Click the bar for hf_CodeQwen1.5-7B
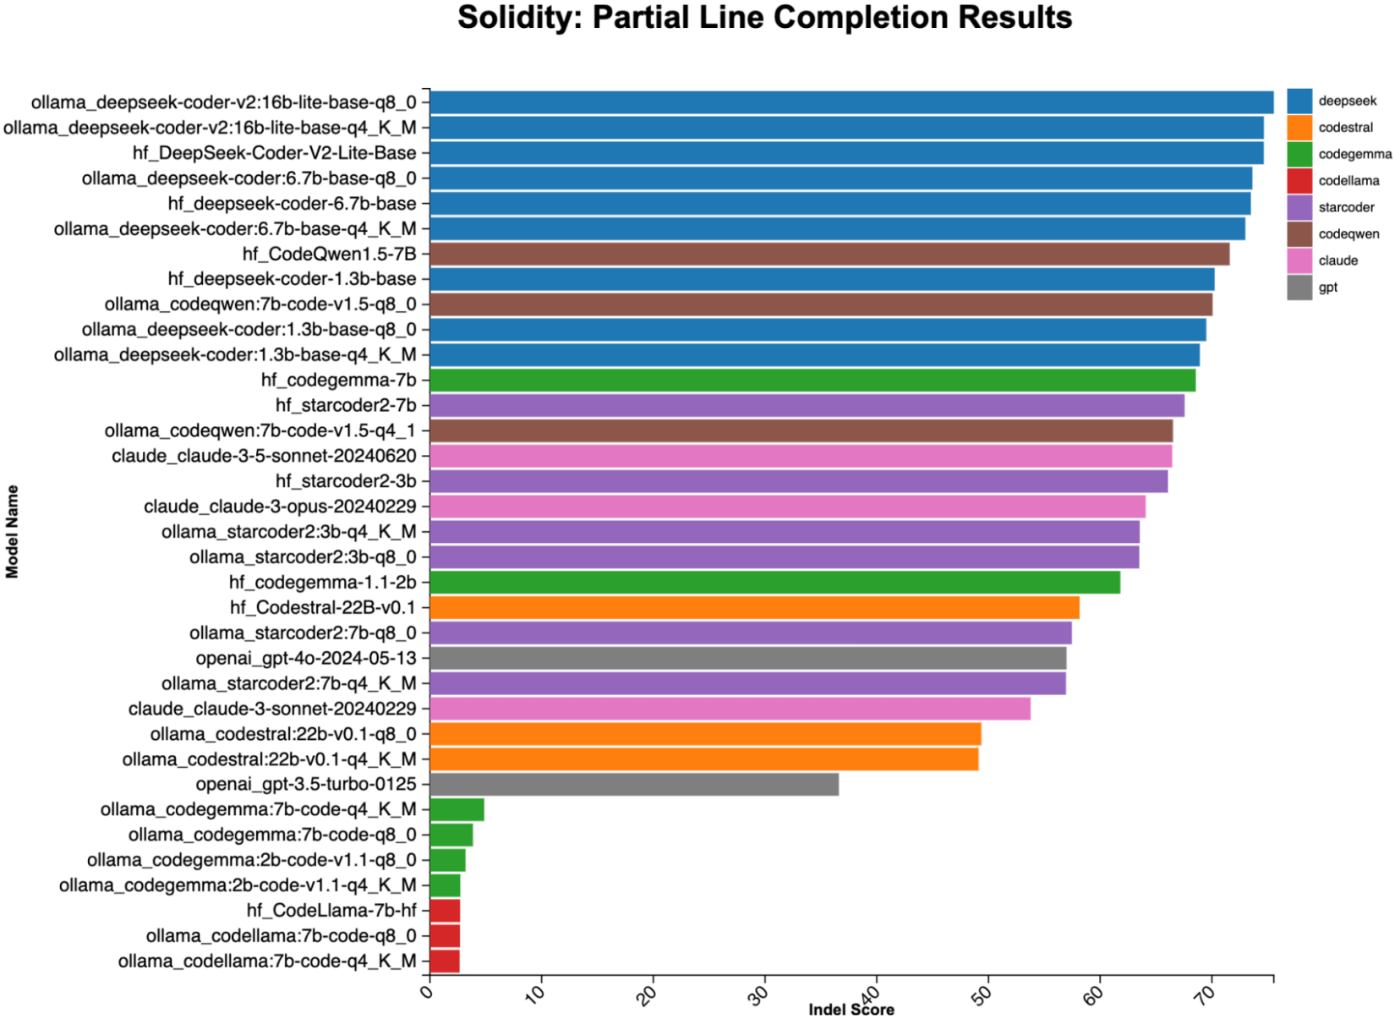click(x=829, y=254)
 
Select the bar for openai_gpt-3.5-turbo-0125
click(x=634, y=785)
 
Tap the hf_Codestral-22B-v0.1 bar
click(x=754, y=607)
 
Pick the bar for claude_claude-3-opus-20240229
click(x=787, y=507)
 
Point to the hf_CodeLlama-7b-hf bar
click(x=445, y=911)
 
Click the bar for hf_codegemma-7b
click(x=812, y=381)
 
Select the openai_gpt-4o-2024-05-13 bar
click(x=747, y=658)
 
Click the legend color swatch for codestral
click(x=1299, y=128)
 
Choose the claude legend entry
click(x=1338, y=260)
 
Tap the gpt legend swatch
click(x=1299, y=288)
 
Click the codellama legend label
click(x=1348, y=181)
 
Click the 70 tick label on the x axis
click(x=1207, y=993)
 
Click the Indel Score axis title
click(x=851, y=1010)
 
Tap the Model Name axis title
click(x=12, y=531)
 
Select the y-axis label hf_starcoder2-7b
click(x=346, y=406)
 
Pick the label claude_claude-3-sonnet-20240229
click(x=272, y=709)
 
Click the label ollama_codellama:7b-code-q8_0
click(x=281, y=936)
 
